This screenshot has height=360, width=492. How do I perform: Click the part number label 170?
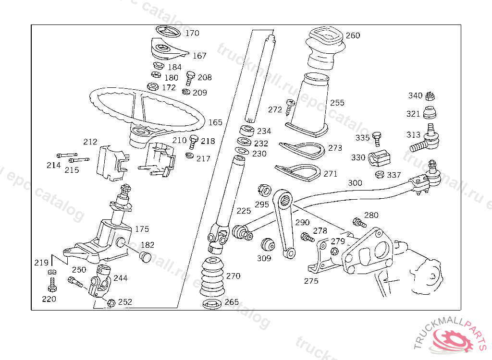point(192,33)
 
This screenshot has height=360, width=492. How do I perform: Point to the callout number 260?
point(353,36)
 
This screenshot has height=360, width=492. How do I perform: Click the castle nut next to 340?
point(430,96)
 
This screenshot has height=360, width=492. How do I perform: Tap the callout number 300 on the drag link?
point(355,183)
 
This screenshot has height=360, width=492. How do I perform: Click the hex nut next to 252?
point(111,302)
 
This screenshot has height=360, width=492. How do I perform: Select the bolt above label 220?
point(52,285)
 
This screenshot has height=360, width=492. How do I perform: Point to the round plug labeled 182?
point(145,256)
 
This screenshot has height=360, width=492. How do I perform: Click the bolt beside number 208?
point(190,78)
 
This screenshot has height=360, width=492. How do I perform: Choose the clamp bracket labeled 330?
point(379,158)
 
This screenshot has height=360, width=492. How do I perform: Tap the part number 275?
point(311,281)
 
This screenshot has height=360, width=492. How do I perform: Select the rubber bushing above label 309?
point(268,245)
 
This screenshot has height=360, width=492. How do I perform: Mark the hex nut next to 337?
point(380,175)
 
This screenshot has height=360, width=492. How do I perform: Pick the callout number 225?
point(244,211)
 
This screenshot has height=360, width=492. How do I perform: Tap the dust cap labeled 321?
point(430,113)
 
